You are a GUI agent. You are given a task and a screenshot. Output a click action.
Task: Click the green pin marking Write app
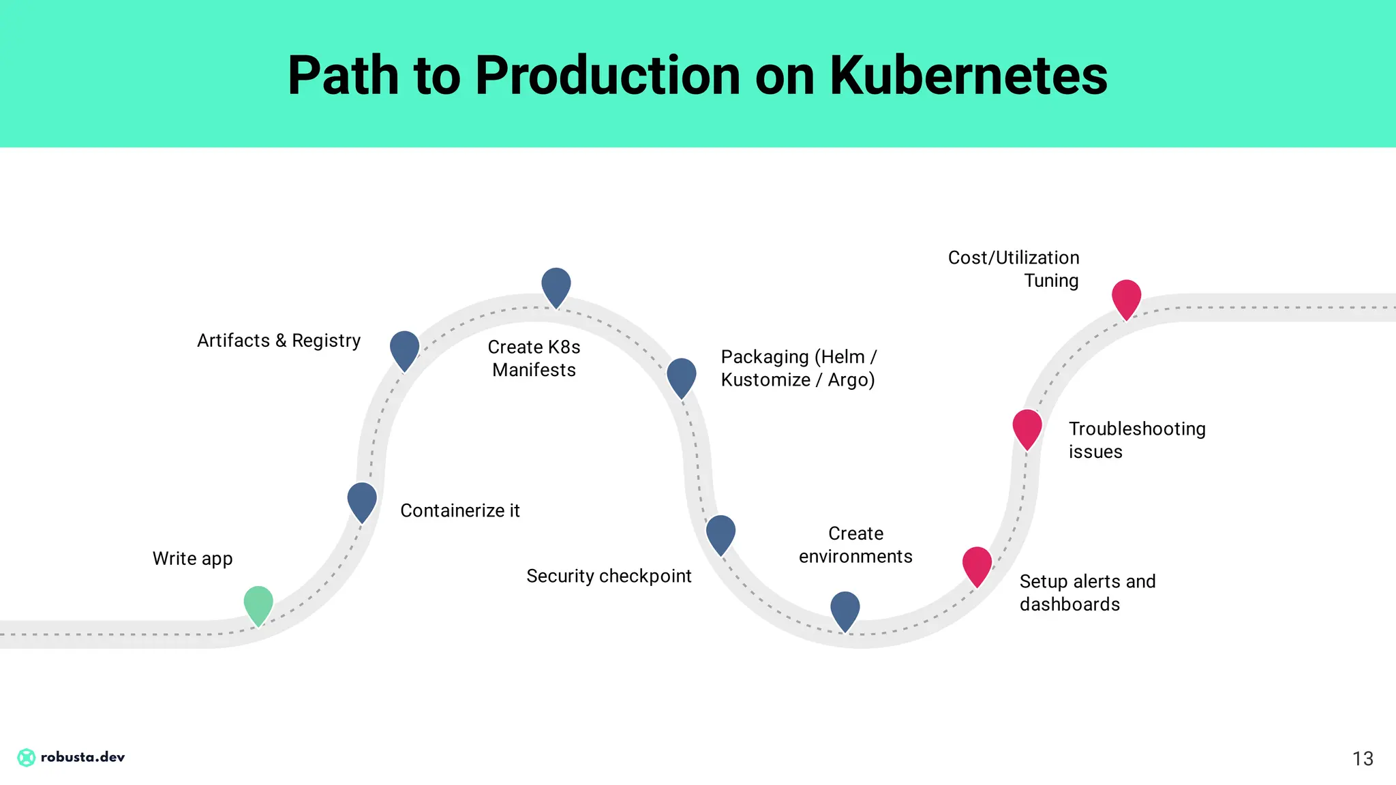pyautogui.click(x=258, y=602)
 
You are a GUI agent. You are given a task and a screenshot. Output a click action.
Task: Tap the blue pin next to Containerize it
pyautogui.click(x=362, y=499)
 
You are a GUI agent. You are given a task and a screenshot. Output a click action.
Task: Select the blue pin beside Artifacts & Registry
pyautogui.click(x=404, y=348)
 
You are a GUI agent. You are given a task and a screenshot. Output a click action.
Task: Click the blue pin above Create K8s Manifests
pyautogui.click(x=556, y=285)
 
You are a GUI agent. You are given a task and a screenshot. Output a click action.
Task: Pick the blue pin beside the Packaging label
pyautogui.click(x=682, y=375)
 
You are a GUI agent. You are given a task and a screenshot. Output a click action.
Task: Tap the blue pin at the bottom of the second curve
pyautogui.click(x=845, y=609)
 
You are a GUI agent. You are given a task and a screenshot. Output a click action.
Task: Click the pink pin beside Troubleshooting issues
pyautogui.click(x=1027, y=427)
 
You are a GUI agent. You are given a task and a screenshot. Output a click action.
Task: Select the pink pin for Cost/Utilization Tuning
pyautogui.click(x=1127, y=296)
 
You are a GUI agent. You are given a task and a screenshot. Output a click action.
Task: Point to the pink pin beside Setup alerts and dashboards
pyautogui.click(x=977, y=564)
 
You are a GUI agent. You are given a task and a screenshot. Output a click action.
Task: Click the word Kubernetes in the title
pyautogui.click(x=968, y=75)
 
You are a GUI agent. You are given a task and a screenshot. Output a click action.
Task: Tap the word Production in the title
pyautogui.click(x=607, y=75)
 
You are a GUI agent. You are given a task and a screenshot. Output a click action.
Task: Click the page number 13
pyautogui.click(x=1363, y=758)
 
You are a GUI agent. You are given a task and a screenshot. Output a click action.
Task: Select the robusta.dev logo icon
pyautogui.click(x=26, y=757)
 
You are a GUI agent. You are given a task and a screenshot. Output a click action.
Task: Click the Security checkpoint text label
pyautogui.click(x=609, y=576)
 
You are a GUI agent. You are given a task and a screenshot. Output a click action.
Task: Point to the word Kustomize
pyautogui.click(x=765, y=380)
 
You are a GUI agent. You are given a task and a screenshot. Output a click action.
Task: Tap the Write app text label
pyautogui.click(x=192, y=559)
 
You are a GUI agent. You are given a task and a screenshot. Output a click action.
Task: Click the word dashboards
pyautogui.click(x=1069, y=604)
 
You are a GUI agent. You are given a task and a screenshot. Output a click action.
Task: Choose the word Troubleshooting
pyautogui.click(x=1137, y=429)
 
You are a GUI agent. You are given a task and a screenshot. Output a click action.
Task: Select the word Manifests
pyautogui.click(x=534, y=370)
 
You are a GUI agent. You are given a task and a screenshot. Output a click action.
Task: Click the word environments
pyautogui.click(x=855, y=557)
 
